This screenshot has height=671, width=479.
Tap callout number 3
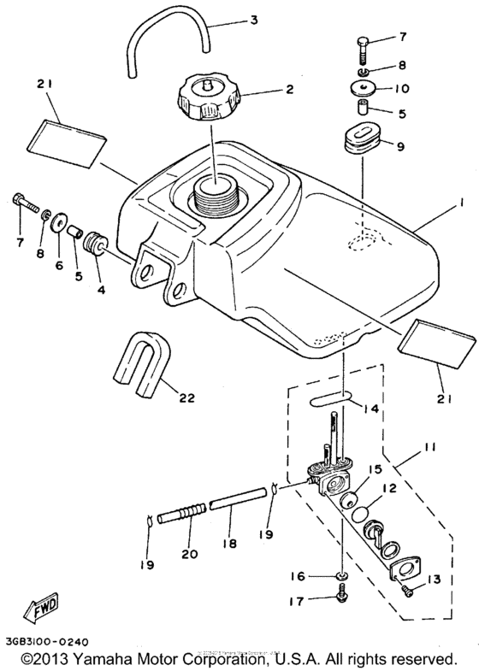click(253, 20)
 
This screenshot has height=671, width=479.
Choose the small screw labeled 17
click(342, 598)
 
